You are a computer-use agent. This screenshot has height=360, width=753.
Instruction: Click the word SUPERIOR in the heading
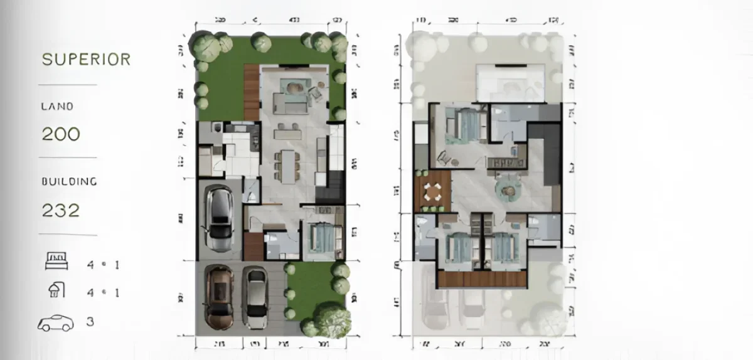tap(86, 60)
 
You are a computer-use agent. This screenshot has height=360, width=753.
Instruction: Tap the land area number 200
tap(61, 134)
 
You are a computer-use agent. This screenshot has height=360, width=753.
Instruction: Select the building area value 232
tap(61, 210)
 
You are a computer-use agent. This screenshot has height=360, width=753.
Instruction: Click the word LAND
tap(57, 107)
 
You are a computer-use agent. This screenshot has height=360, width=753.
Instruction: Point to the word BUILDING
tap(69, 182)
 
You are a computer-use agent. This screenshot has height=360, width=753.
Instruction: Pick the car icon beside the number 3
tap(55, 323)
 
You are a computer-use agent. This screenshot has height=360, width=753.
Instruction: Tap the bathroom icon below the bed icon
tap(56, 290)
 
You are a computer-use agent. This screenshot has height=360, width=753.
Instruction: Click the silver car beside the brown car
tap(254, 297)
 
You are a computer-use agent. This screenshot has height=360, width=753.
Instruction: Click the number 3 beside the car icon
tap(90, 322)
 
